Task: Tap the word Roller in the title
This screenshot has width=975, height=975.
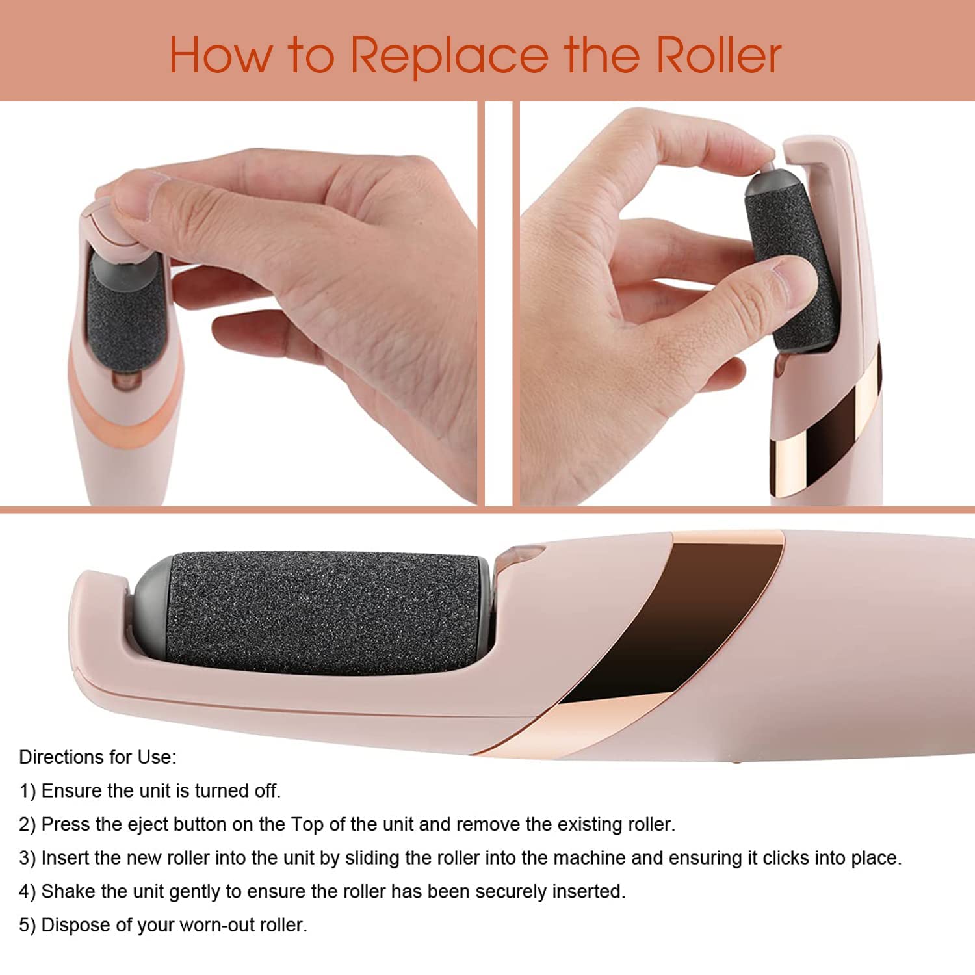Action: point(718,55)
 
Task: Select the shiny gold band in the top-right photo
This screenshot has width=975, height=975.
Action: point(790,465)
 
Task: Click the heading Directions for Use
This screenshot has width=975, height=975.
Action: point(97,757)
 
